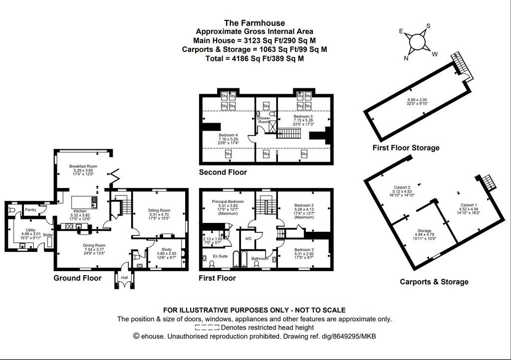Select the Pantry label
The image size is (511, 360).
[x=31, y=210]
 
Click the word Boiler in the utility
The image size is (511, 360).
[x=48, y=234]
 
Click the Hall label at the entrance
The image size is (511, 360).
[x=124, y=277]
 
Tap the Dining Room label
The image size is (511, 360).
[x=94, y=245]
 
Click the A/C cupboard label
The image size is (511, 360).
[x=248, y=238]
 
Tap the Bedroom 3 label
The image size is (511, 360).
[x=303, y=249]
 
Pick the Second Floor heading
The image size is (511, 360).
[x=223, y=173]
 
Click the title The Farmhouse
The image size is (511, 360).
[x=255, y=22]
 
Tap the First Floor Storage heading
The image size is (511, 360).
[x=406, y=148]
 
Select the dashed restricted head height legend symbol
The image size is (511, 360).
[x=207, y=328]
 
